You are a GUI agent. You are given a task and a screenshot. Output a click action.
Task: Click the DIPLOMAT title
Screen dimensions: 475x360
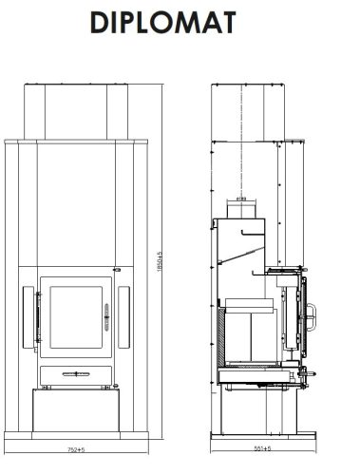coord(180,23)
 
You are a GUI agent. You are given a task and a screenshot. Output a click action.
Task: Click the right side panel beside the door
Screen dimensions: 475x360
coord(124,314)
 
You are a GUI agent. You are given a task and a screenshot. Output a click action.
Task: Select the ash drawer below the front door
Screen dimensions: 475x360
coord(75,372)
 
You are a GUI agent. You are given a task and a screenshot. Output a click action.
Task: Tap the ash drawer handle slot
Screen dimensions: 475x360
coord(75,374)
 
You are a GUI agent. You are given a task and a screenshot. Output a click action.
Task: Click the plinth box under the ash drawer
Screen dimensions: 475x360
coord(75,410)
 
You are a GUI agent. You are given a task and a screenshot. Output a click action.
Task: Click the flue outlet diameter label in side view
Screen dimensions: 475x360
coord(241,200)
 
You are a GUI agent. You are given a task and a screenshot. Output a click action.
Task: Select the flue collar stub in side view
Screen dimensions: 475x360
coord(241,210)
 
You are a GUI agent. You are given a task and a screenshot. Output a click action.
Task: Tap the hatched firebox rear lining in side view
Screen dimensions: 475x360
coord(224,336)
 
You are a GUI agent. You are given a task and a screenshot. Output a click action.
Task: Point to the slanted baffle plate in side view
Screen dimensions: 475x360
coord(241,253)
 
